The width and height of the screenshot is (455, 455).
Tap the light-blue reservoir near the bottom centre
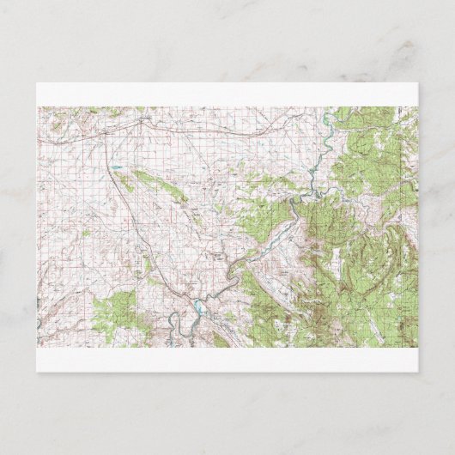coord(197,306)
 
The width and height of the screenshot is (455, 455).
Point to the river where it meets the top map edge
coord(330,110)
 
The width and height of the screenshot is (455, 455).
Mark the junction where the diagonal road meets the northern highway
coord(141,120)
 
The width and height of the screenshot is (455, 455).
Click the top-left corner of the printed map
coord(38,107)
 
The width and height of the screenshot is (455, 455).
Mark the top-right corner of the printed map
coord(417,107)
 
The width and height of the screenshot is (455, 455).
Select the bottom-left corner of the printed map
coord(38,347)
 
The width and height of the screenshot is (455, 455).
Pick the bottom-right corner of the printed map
coord(417,347)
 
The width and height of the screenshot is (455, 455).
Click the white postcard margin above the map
coord(227,94)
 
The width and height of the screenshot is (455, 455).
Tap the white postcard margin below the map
coord(227,360)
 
